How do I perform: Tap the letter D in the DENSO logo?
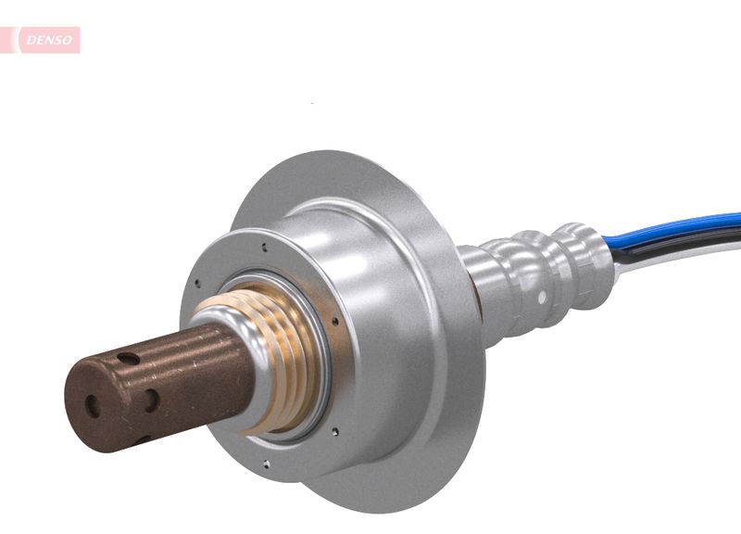tap(30, 40)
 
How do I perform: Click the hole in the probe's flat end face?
tap(91, 404)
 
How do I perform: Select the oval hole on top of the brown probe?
tap(129, 358)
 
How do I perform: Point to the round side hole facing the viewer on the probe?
tap(149, 400)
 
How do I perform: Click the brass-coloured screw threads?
tap(278, 362)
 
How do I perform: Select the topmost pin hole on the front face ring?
tap(265, 248)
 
